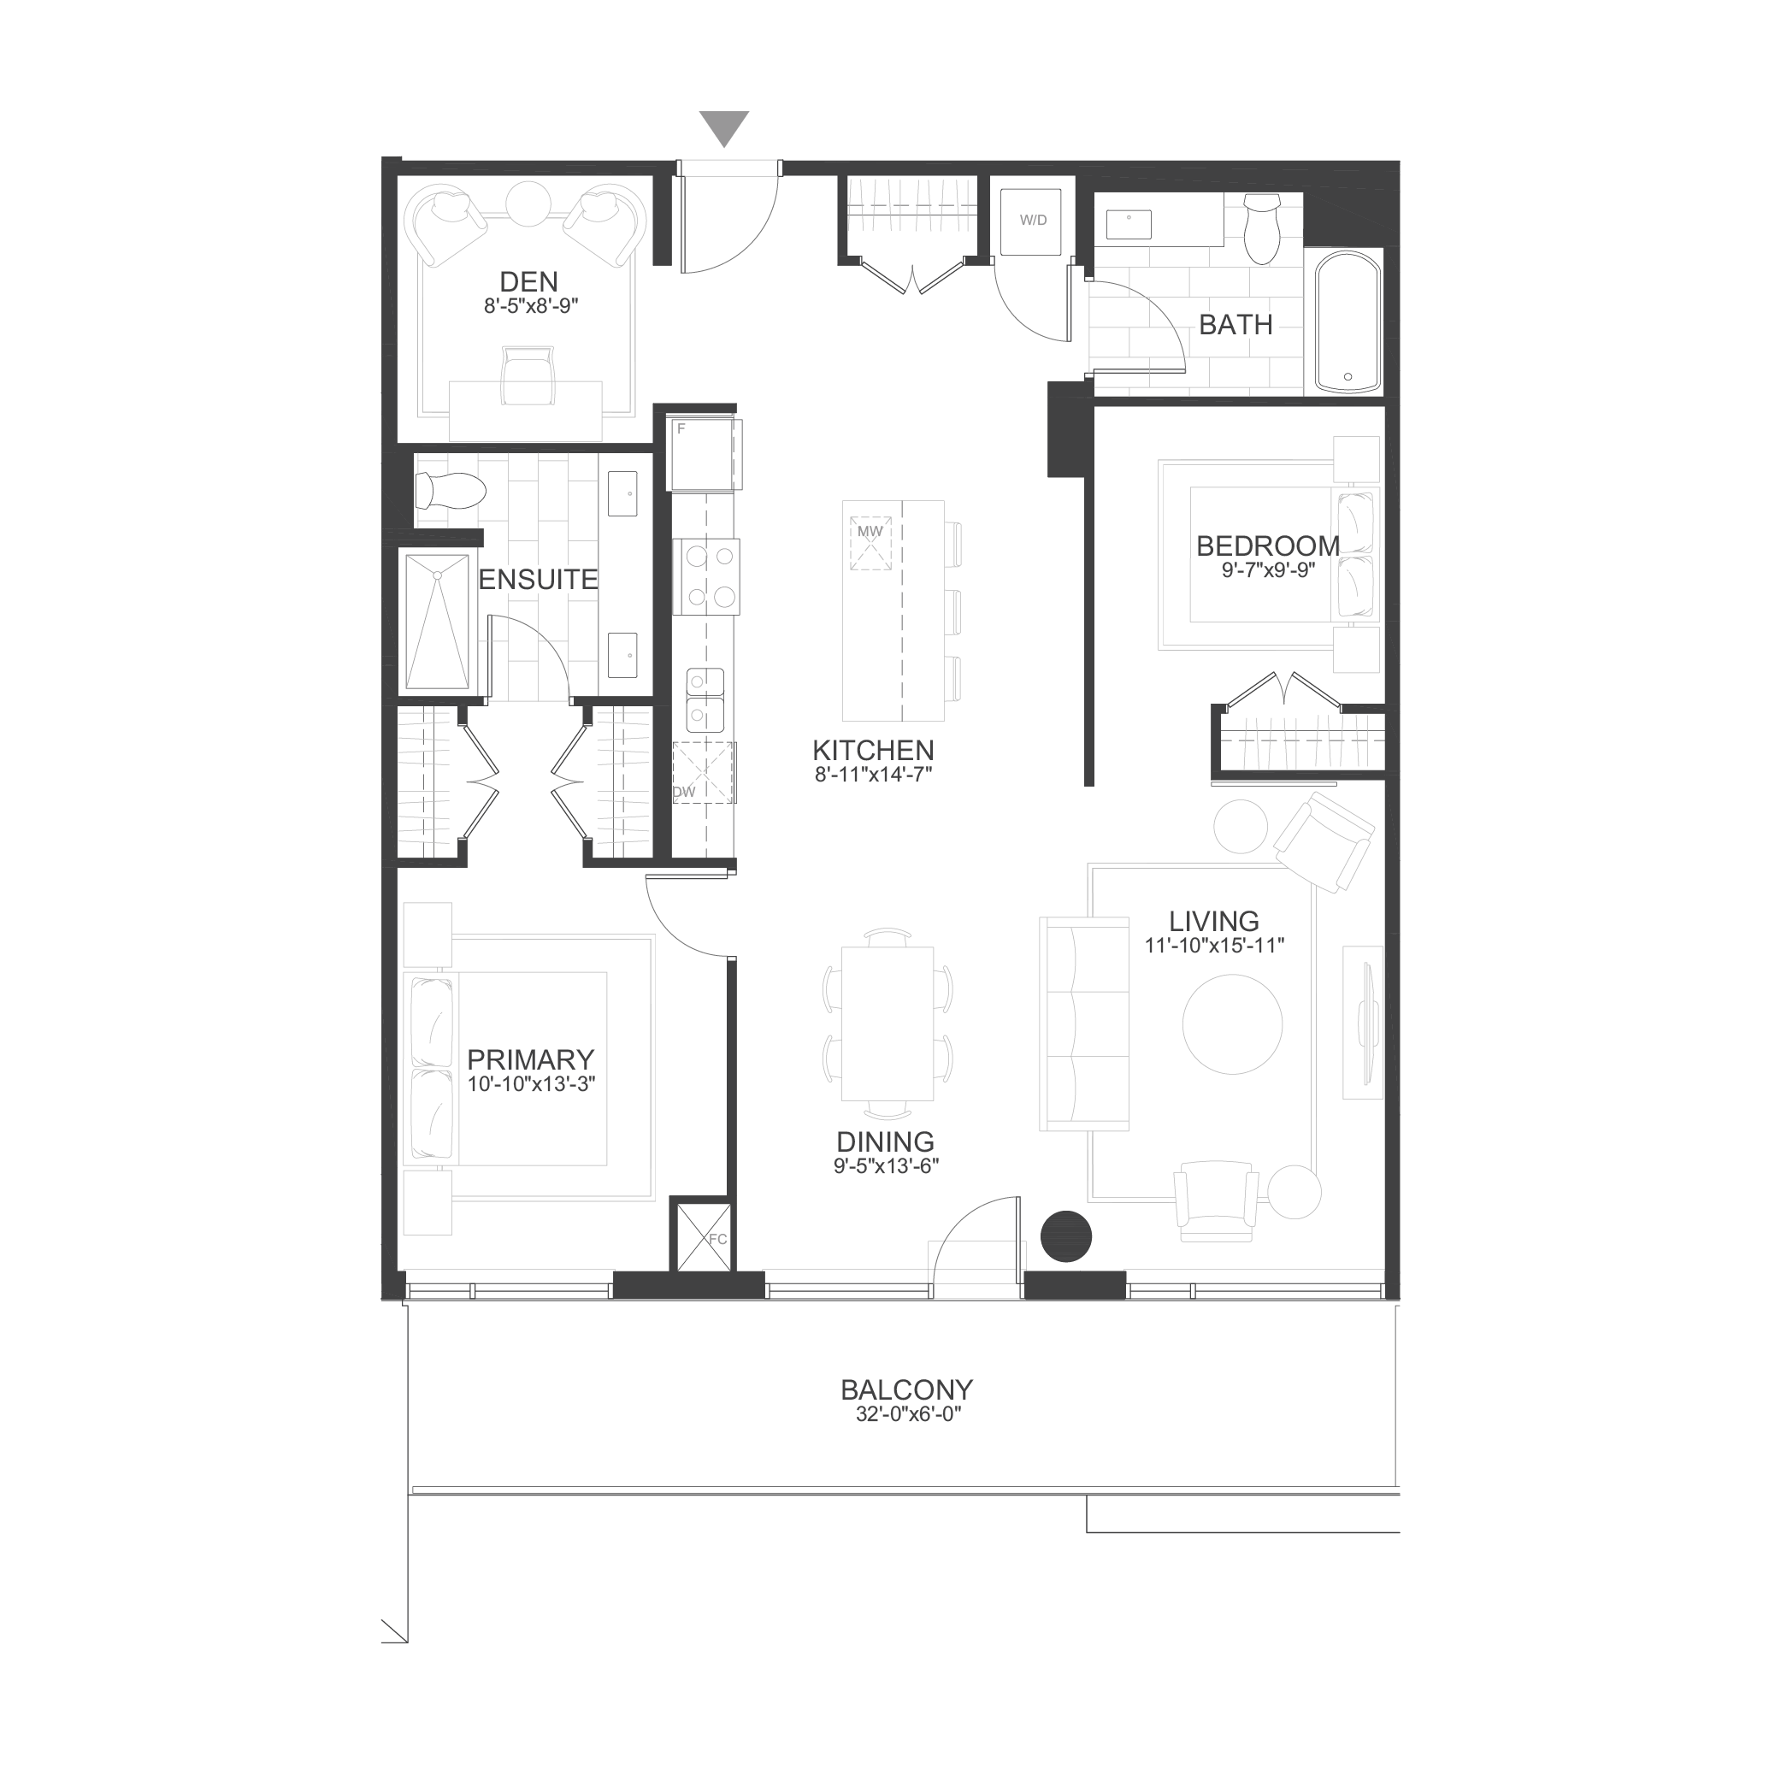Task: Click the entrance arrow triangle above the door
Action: pos(723,127)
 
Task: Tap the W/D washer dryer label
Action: pos(1033,221)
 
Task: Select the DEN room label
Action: pos(528,281)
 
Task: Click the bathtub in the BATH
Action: pos(1348,321)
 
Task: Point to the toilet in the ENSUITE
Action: pos(450,491)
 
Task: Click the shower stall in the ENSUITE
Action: pos(438,622)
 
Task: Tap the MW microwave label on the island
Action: pos(870,531)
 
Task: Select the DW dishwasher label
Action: pos(684,792)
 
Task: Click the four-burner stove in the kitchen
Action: pos(706,576)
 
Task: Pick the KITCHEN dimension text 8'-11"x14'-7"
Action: pos(873,776)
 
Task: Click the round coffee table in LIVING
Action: pos(1232,1024)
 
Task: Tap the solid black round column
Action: pos(1065,1235)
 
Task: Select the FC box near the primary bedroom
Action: pos(704,1237)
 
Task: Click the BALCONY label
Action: pos(906,1389)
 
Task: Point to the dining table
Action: pos(887,1023)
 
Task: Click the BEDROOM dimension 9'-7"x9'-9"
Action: pos(1269,569)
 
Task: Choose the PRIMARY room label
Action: pos(530,1059)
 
